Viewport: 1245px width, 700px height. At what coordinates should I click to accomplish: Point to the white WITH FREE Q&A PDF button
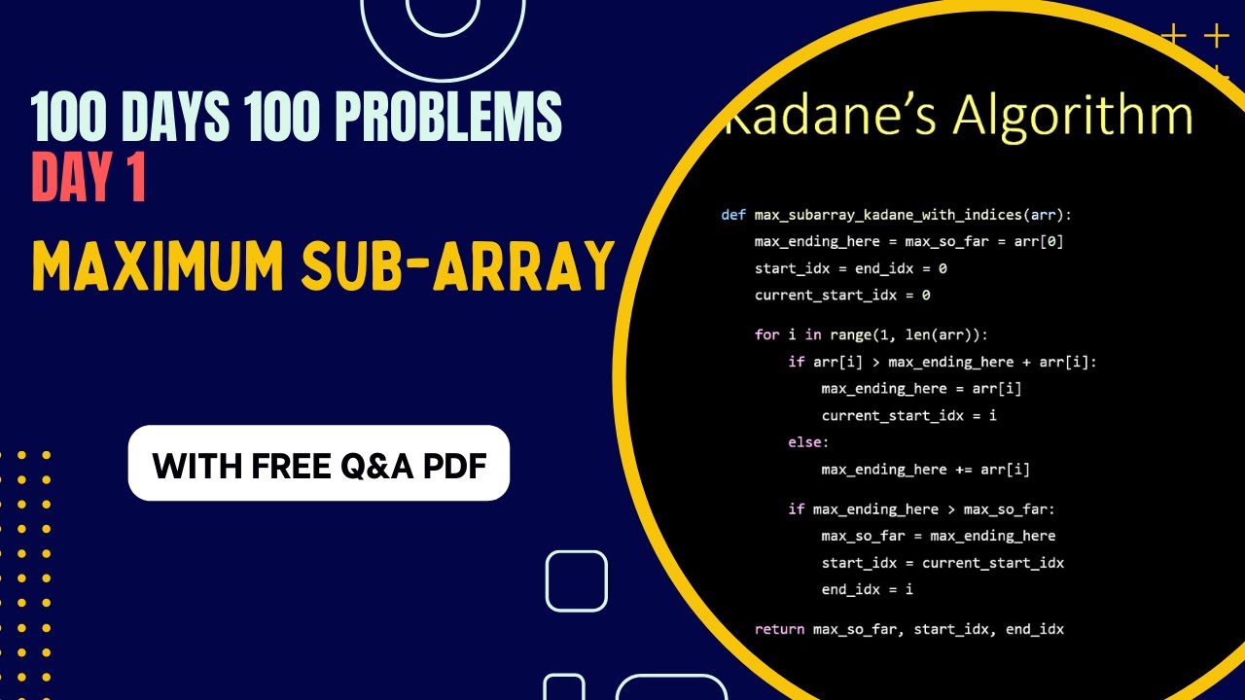tap(319, 464)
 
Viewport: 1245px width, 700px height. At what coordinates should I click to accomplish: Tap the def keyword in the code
tap(732, 215)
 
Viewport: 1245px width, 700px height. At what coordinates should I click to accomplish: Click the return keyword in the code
tap(779, 629)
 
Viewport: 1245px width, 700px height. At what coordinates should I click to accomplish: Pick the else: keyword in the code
tap(808, 442)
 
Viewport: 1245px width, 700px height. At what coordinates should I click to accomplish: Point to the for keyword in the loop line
tap(766, 334)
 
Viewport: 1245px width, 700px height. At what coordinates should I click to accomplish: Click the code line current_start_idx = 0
tap(842, 295)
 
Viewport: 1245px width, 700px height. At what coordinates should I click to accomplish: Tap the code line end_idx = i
tap(867, 589)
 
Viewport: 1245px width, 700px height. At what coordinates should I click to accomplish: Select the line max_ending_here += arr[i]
tap(925, 470)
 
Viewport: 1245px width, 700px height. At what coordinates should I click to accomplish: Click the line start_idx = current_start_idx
tap(943, 563)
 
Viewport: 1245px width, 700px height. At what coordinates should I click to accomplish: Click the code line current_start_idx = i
tap(896, 415)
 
